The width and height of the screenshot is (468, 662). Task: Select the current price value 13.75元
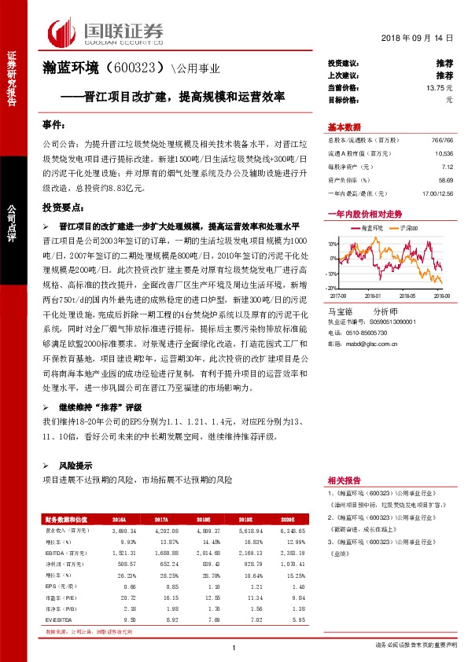click(441, 87)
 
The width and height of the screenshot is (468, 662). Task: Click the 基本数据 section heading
click(345, 127)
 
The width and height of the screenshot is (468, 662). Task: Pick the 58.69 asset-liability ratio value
click(445, 179)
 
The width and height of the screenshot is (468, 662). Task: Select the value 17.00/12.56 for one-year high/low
click(437, 193)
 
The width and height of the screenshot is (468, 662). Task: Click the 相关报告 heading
click(345, 482)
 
